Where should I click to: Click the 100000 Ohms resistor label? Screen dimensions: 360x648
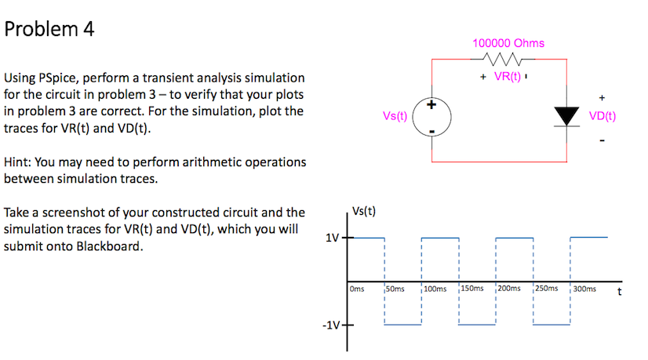[508, 42]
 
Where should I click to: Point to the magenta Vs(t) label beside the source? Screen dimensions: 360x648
[395, 117]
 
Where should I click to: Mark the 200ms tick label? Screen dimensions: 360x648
[508, 289]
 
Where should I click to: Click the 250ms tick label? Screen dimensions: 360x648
[546, 289]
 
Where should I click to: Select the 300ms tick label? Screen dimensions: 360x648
[584, 289]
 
